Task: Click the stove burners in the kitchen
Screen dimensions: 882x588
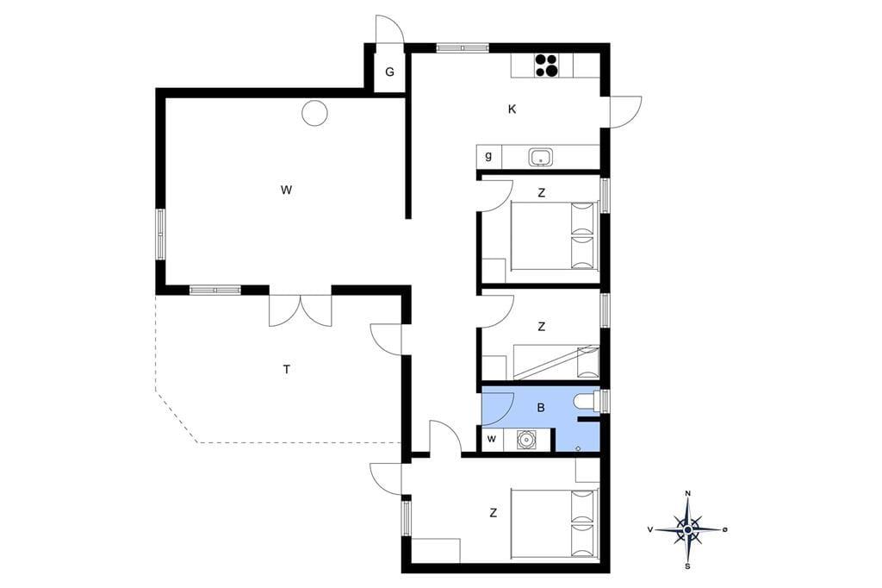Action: tap(546, 65)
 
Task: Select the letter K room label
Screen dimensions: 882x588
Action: tap(512, 109)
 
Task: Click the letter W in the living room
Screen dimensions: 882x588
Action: tap(286, 190)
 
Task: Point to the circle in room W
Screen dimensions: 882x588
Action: tap(314, 113)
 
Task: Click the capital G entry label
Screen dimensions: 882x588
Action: tap(389, 72)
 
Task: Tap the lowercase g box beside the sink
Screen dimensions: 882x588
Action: tap(489, 157)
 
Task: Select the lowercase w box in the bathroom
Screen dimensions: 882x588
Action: tap(492, 440)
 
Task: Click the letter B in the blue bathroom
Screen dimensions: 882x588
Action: tap(541, 407)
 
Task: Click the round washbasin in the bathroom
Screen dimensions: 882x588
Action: tap(526, 440)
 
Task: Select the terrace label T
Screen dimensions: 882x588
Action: tap(287, 370)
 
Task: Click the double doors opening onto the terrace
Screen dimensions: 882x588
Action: tap(301, 310)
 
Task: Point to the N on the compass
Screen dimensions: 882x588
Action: tap(687, 494)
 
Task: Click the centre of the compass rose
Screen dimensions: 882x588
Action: tap(687, 529)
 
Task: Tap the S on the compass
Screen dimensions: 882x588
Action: tap(687, 566)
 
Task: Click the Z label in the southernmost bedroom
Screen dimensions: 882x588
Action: tap(494, 513)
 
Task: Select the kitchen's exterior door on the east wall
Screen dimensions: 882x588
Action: tap(624, 112)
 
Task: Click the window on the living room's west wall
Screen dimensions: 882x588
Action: tap(161, 235)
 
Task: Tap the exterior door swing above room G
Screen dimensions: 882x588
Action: tap(390, 28)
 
